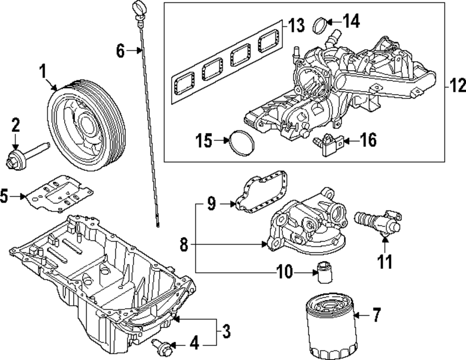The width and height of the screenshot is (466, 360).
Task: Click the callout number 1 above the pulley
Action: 43,72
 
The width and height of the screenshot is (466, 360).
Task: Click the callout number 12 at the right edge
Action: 457,86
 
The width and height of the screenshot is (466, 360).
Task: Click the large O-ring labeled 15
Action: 241,143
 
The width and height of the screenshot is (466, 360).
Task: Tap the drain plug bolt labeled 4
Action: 161,348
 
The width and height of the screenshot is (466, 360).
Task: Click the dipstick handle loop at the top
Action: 138,8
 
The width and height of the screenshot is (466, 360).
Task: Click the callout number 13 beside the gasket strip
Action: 296,25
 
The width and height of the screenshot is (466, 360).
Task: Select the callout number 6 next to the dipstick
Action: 120,50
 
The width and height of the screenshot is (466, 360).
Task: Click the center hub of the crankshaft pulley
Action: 88,125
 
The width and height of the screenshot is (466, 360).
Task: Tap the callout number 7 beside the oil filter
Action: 376,315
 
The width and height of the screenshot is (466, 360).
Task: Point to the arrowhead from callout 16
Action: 346,140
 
